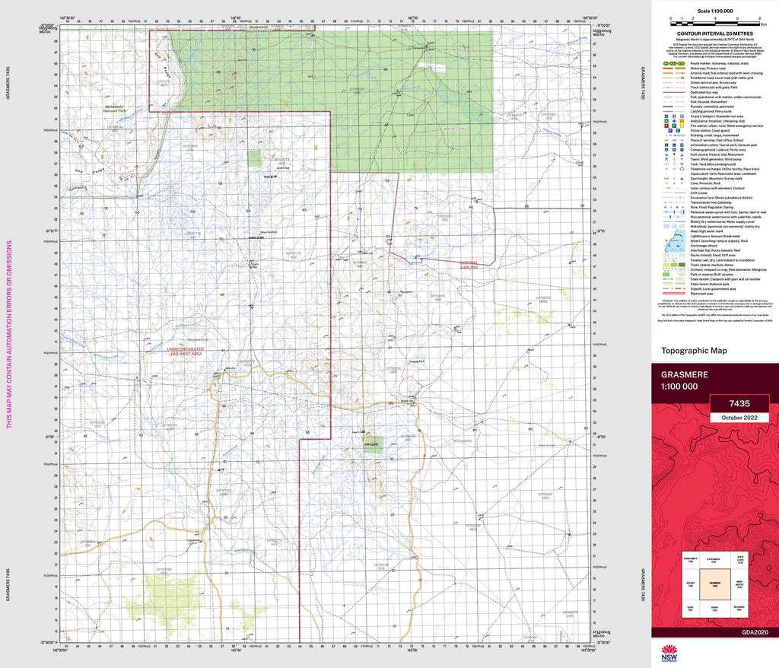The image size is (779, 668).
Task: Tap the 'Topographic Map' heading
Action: coord(694,351)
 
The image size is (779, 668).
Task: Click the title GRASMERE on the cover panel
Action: coord(685,375)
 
